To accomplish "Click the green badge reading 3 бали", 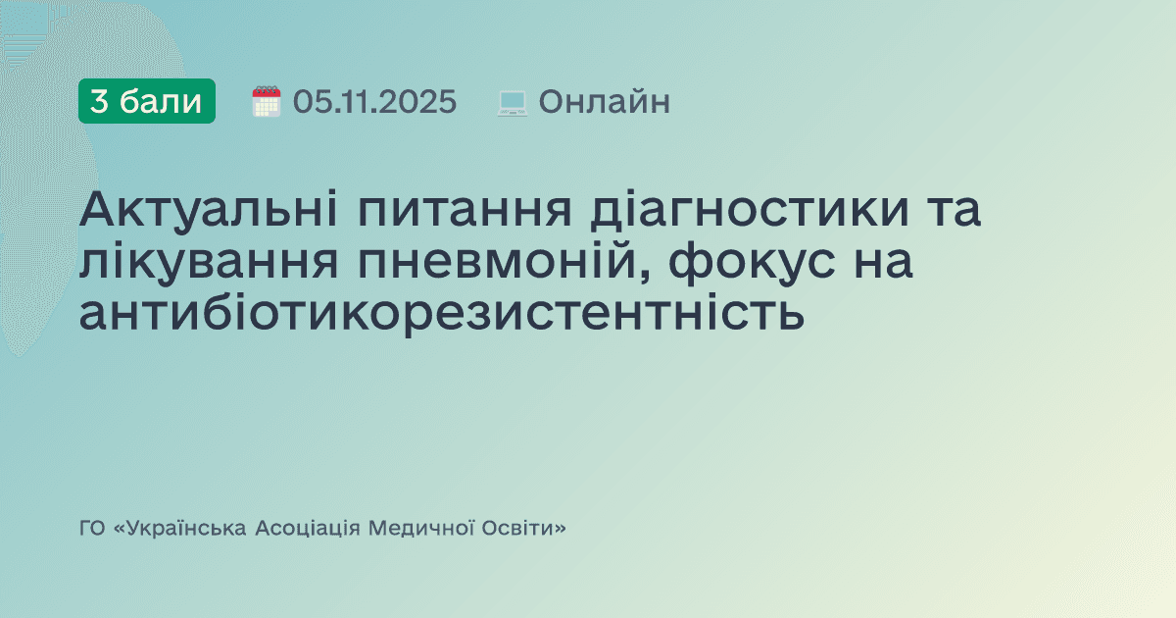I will tap(146, 101).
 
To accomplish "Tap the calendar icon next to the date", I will tap(267, 101).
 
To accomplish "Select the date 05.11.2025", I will tap(374, 101).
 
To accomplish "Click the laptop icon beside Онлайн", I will tap(512, 102).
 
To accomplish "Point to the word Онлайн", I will tap(604, 101).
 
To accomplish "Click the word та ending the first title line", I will tap(947, 212).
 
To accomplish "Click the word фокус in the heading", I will tap(754, 262).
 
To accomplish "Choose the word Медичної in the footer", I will tap(418, 529).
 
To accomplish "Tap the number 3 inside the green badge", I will tap(99, 101).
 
